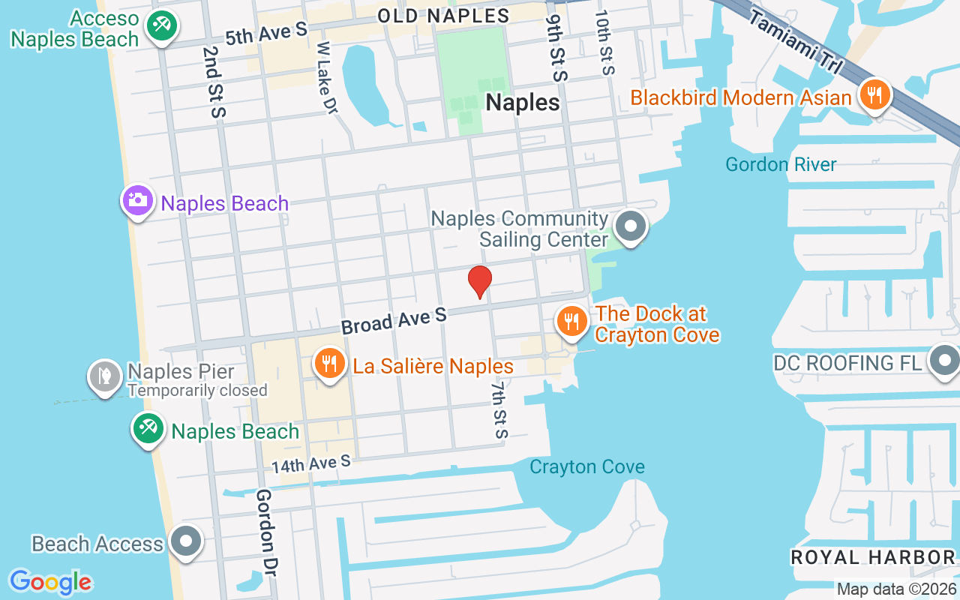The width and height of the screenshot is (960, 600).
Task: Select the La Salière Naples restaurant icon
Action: tap(328, 364)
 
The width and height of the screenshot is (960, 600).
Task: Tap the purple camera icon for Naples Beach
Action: tap(138, 200)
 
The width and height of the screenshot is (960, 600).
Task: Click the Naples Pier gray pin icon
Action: tap(105, 375)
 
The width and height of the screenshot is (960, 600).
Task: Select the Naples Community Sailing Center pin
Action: tap(631, 226)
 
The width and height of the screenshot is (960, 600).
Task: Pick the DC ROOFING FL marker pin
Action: tap(944, 361)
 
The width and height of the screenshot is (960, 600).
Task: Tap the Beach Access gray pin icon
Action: tap(185, 541)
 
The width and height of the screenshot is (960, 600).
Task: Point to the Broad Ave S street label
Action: tap(394, 320)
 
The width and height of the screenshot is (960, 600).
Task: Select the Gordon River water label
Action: tap(781, 164)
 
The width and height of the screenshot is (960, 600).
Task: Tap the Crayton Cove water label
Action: tap(586, 467)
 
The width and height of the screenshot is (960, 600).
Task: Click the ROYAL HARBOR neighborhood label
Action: tap(873, 557)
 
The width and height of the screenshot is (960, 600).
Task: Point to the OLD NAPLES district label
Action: tap(443, 15)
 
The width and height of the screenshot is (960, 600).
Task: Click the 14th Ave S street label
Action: tap(311, 464)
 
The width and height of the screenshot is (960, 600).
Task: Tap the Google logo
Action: tap(50, 581)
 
